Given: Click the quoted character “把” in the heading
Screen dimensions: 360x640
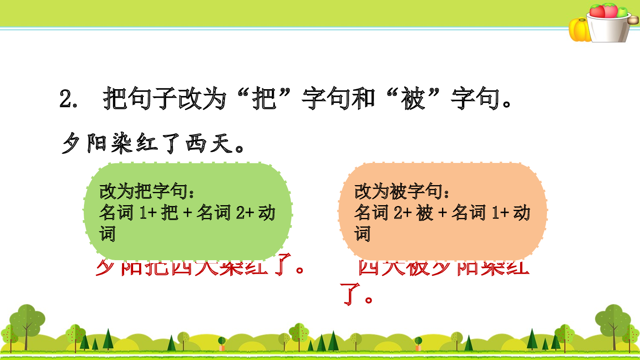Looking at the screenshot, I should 265,98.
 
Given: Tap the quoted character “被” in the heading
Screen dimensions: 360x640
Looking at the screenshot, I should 413,98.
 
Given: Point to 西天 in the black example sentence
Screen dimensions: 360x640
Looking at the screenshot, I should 209,143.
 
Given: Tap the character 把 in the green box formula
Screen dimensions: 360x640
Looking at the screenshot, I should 169,212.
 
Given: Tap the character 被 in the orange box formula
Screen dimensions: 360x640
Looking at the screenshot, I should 425,212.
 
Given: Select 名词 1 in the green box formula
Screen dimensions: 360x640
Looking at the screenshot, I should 124,212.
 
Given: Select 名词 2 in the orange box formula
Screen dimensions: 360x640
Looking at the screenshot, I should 379,212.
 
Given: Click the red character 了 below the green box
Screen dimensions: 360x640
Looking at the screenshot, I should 283,265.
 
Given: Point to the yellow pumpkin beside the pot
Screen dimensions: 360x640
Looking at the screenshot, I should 579,30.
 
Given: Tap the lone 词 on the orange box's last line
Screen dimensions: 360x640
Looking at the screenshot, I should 362,234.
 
